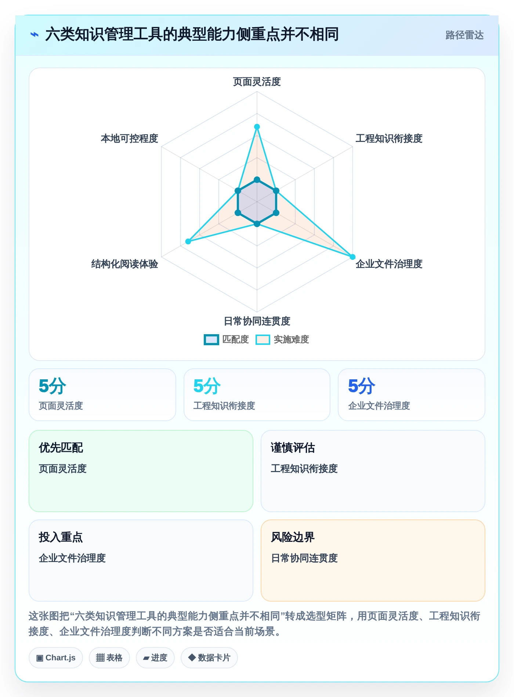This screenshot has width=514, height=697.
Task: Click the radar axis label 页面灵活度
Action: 257,81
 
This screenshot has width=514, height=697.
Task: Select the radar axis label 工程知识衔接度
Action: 389,138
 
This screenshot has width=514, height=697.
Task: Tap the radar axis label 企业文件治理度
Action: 389,264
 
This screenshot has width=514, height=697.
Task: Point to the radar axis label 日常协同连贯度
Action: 257,321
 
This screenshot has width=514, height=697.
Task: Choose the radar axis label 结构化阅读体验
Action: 125,264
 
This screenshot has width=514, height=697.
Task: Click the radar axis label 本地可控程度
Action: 130,138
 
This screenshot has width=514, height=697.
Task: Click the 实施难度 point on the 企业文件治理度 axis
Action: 352,257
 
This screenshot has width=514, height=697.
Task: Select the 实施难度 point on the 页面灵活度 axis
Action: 257,127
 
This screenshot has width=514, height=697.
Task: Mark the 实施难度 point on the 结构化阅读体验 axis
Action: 188,241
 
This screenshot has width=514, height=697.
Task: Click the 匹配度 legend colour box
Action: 211,340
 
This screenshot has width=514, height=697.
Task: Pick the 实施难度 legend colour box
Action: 263,340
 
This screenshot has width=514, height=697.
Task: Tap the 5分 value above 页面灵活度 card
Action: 53,386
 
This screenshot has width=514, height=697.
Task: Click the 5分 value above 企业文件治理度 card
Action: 362,386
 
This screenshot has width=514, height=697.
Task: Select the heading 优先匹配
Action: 61,448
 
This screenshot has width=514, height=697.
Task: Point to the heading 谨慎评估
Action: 293,448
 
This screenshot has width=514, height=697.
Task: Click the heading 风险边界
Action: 293,537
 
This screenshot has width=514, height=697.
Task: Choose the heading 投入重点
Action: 61,537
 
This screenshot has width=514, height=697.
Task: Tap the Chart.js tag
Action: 56,658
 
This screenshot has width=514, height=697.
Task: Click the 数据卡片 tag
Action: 209,658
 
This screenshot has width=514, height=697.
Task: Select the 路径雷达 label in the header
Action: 464,35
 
